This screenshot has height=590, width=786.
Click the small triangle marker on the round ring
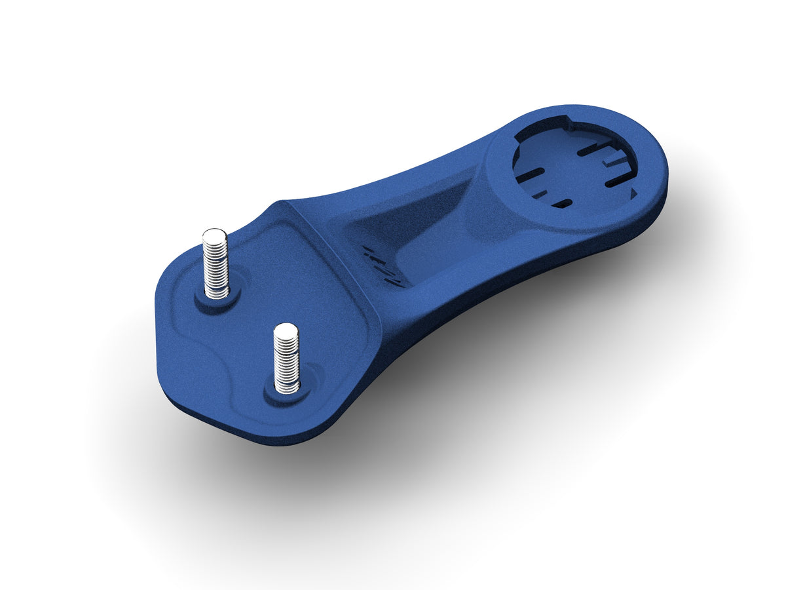pos(633,193)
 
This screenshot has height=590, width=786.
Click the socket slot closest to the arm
pos(529,176)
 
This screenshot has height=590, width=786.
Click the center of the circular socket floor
pos(573,167)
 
